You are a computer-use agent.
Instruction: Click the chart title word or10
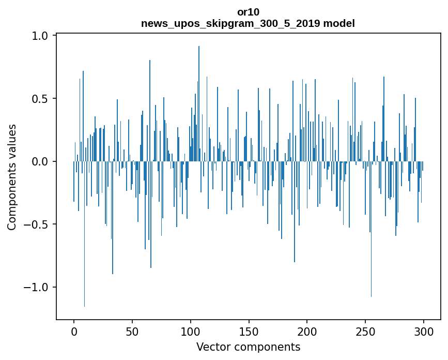pyautogui.click(x=248, y=12)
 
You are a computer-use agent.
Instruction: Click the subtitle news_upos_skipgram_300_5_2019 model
pyautogui.click(x=248, y=23)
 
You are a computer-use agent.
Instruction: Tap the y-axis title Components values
pyautogui.click(x=12, y=177)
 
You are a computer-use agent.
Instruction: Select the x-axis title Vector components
pyautogui.click(x=248, y=347)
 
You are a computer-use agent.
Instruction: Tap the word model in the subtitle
pyautogui.click(x=343, y=23)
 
